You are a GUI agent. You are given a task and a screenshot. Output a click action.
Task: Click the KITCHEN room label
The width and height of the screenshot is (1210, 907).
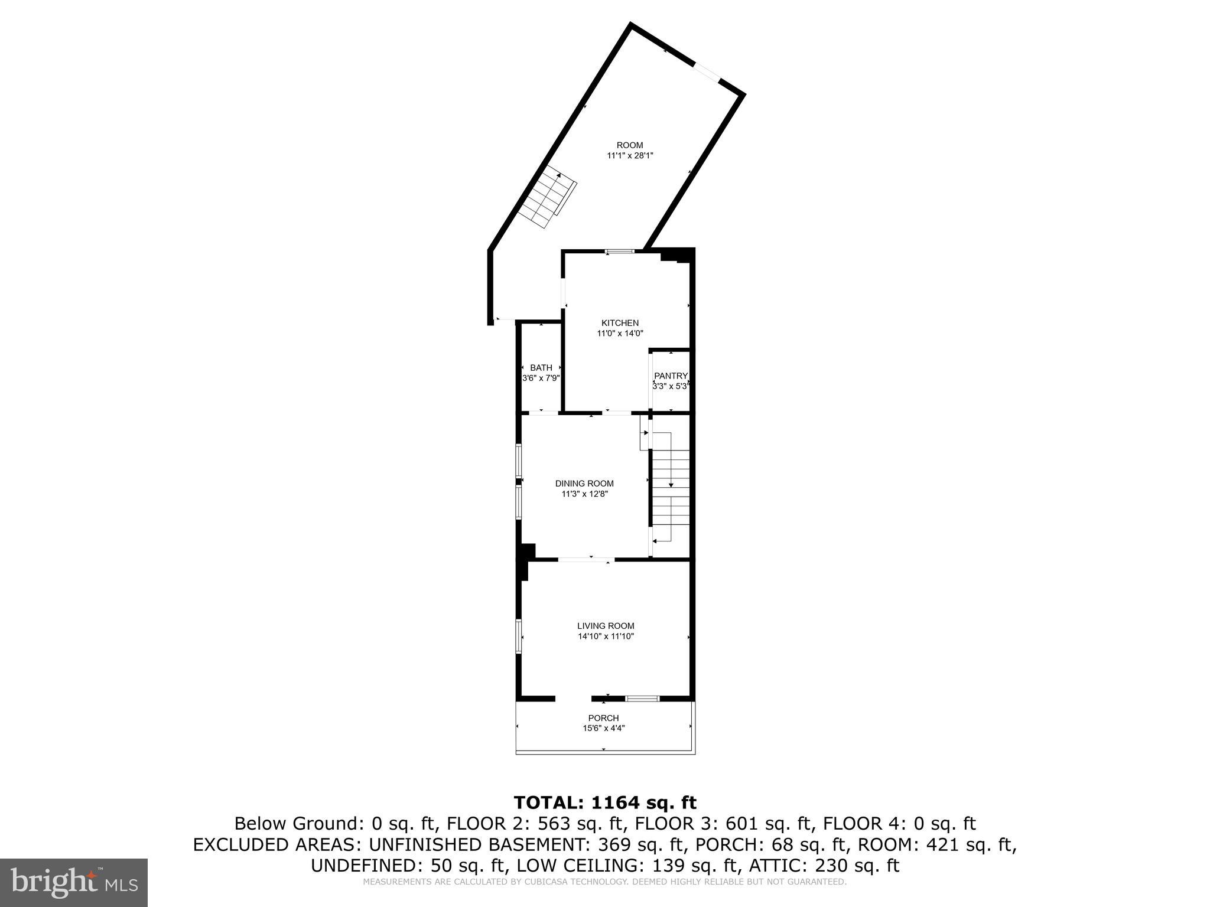620,323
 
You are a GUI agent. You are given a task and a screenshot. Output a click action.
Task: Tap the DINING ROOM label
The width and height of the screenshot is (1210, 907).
584,483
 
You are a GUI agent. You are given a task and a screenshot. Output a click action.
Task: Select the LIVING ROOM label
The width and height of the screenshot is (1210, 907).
606,626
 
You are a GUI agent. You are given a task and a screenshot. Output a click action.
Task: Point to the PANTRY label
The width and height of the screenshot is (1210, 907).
671,376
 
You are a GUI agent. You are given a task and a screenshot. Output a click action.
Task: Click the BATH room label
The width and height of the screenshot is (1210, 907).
541,367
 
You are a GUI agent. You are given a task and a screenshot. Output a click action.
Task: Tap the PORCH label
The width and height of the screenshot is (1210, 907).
603,718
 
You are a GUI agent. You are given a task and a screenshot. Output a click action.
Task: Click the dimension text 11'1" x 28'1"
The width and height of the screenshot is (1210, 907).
630,156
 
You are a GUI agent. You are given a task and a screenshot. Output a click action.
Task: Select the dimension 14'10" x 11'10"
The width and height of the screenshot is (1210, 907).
606,637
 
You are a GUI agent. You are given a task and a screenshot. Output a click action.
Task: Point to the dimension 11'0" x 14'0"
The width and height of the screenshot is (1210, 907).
620,334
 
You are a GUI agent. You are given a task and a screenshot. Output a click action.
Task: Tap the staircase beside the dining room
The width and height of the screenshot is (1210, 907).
671,487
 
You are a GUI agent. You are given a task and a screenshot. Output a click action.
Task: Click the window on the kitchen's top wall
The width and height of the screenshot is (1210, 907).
620,252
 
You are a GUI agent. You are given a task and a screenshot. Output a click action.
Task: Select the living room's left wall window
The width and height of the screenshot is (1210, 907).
519,636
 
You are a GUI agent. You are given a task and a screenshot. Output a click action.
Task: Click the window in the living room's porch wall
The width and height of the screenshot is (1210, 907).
642,699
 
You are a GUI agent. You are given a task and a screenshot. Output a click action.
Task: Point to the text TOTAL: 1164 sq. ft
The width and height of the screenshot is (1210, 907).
605,802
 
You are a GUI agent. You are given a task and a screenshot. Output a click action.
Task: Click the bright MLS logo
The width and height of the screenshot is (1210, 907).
74,882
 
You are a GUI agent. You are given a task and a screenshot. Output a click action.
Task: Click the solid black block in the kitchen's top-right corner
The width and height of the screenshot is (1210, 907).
676,255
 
